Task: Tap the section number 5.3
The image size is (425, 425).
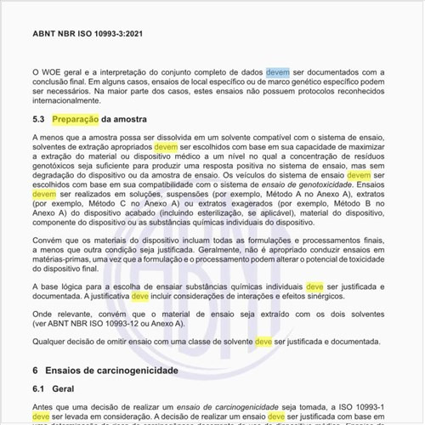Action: click(x=39, y=119)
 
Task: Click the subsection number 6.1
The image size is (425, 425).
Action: click(x=39, y=388)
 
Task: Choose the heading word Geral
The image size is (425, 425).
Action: click(x=65, y=388)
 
